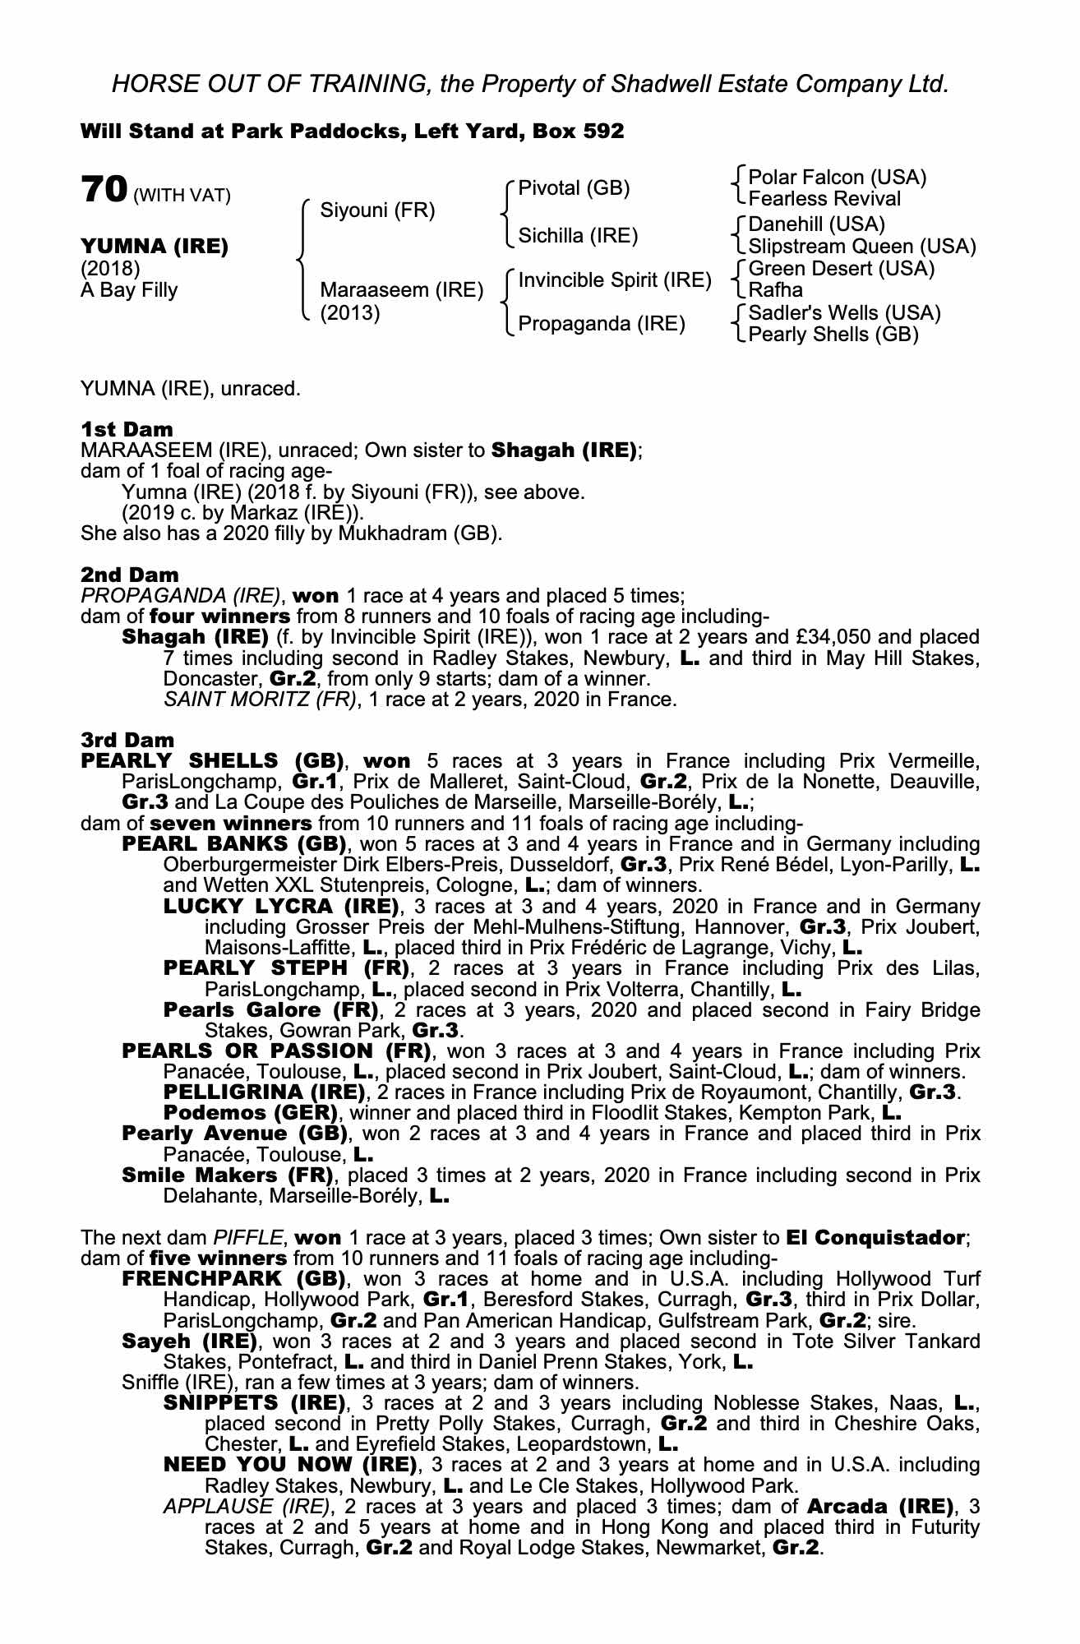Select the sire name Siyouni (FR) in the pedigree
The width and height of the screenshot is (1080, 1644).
[377, 210]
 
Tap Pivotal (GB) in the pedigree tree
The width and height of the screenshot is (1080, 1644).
[574, 188]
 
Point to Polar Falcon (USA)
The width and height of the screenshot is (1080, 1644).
[838, 178]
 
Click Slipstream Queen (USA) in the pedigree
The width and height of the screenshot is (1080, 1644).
[862, 247]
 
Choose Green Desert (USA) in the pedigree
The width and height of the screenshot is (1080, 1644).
[842, 269]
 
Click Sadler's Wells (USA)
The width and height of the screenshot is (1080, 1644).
[845, 313]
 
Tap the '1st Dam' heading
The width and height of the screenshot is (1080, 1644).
[127, 429]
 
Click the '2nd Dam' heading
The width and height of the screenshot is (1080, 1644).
[129, 575]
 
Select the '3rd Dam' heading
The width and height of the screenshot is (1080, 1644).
[127, 740]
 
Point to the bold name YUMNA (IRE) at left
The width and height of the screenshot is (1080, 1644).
[154, 247]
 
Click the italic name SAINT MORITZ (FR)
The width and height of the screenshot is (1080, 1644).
[261, 700]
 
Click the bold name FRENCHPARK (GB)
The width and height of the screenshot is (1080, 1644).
[233, 1279]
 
